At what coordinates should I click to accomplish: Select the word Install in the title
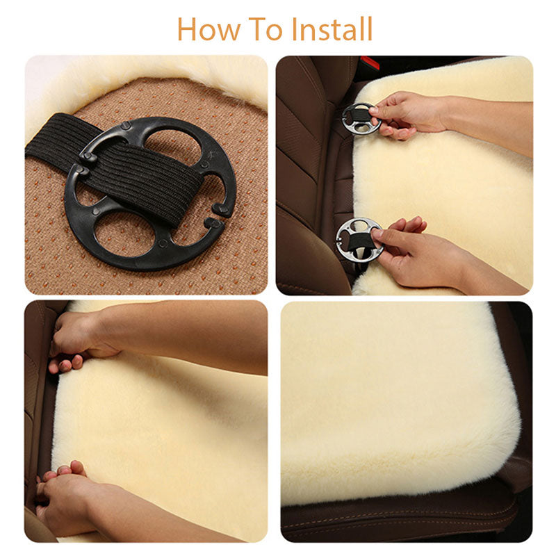(x=332, y=28)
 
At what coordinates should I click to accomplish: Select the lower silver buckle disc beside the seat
(x=359, y=238)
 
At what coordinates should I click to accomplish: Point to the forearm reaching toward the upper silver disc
(x=486, y=115)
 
